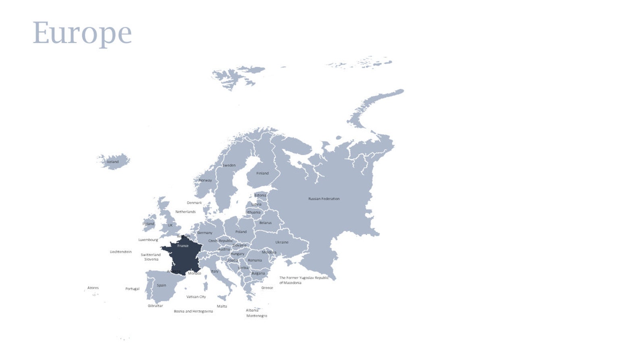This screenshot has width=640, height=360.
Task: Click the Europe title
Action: pos(82,33)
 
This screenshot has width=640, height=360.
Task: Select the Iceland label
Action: pos(113,162)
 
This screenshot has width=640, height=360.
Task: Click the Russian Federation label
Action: pos(324,199)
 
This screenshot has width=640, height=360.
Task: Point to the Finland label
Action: pos(262,173)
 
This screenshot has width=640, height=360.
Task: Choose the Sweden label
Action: pos(229,165)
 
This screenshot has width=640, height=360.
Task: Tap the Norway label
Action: pos(206,180)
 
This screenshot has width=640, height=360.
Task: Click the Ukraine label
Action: pos(282,242)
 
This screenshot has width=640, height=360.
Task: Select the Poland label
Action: pos(241,232)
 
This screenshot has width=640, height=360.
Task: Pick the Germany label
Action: pos(205,233)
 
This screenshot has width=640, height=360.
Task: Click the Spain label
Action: pos(162,285)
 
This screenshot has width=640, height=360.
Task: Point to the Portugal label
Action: pos(132,289)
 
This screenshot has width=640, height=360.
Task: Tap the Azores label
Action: pos(93,288)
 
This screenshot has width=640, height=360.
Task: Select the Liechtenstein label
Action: pos(121,252)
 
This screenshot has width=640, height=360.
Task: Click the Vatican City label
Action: pos(196,297)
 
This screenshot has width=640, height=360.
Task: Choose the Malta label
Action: pos(222,306)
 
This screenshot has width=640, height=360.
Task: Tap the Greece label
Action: pos(267,288)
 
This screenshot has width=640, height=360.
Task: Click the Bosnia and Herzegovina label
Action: pos(193,311)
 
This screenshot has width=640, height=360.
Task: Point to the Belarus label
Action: pos(265,223)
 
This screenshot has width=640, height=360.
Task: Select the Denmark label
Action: pos(194,203)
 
